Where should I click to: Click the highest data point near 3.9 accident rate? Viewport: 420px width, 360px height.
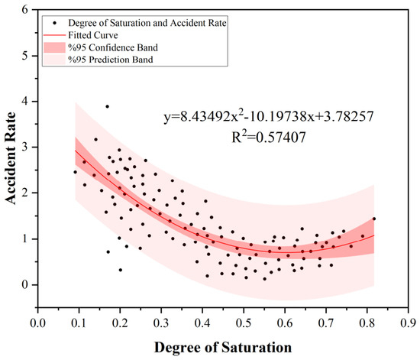(x=107, y=106)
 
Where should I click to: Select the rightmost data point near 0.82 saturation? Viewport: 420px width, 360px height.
(x=374, y=219)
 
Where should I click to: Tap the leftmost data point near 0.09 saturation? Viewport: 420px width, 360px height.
(x=75, y=172)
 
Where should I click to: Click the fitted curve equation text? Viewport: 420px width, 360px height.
(x=268, y=117)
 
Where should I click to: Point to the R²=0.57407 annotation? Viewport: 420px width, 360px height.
(x=268, y=138)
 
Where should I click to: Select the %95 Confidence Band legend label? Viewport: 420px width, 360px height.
(x=113, y=47)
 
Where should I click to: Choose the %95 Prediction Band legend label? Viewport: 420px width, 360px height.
(x=111, y=60)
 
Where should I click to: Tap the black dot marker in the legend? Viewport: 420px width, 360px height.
(x=55, y=23)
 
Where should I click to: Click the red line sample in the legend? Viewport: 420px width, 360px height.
(x=55, y=35)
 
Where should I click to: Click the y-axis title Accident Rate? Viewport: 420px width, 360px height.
(x=11, y=158)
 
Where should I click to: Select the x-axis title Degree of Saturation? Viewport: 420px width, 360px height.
(x=223, y=348)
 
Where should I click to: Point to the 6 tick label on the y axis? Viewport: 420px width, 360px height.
(x=25, y=10)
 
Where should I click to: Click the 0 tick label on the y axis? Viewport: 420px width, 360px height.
(x=25, y=284)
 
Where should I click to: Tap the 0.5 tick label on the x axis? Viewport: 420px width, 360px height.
(x=244, y=323)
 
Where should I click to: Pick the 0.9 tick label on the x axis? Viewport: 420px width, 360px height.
(x=408, y=323)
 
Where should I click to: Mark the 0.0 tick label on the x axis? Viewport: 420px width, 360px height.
(x=37, y=323)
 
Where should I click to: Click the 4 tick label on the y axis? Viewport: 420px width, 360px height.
(x=25, y=102)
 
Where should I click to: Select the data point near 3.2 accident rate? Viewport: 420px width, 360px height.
(x=96, y=139)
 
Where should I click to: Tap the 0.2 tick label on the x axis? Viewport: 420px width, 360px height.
(x=120, y=323)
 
